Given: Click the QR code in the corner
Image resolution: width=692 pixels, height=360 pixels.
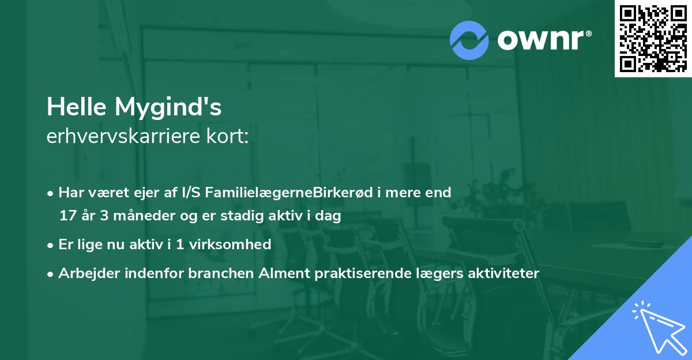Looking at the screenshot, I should [653, 38].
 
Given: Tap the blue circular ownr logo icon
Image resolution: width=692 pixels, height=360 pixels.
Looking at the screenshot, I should [469, 40].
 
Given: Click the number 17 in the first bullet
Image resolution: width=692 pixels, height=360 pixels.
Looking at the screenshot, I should [66, 216].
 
